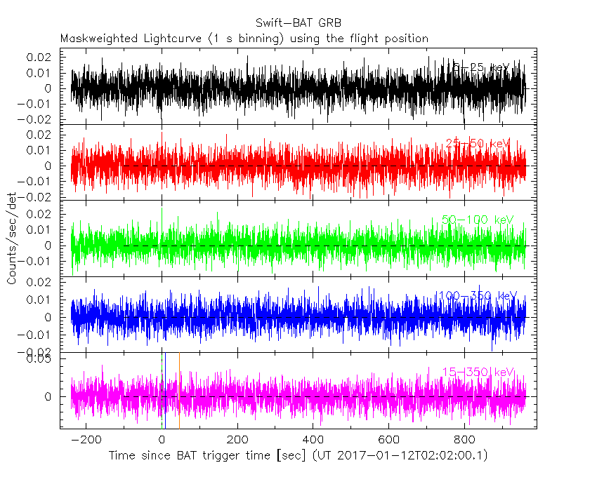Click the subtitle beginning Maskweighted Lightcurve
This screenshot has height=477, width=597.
tap(244, 38)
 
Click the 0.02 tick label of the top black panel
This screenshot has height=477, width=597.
tap(40, 56)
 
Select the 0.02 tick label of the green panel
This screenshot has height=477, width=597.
tap(40, 213)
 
